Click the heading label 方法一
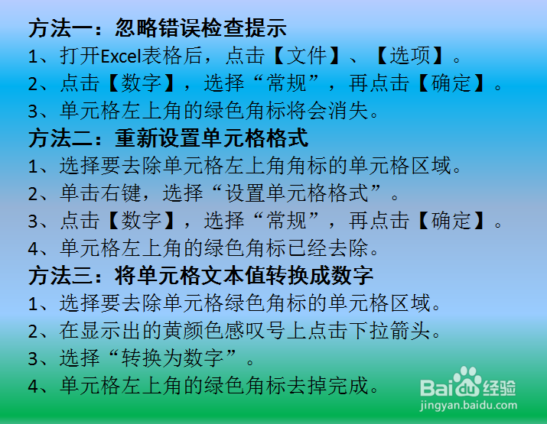click(x=60, y=29)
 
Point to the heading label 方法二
click(x=60, y=139)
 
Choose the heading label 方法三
click(x=60, y=275)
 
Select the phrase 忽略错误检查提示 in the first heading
click(x=200, y=29)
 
